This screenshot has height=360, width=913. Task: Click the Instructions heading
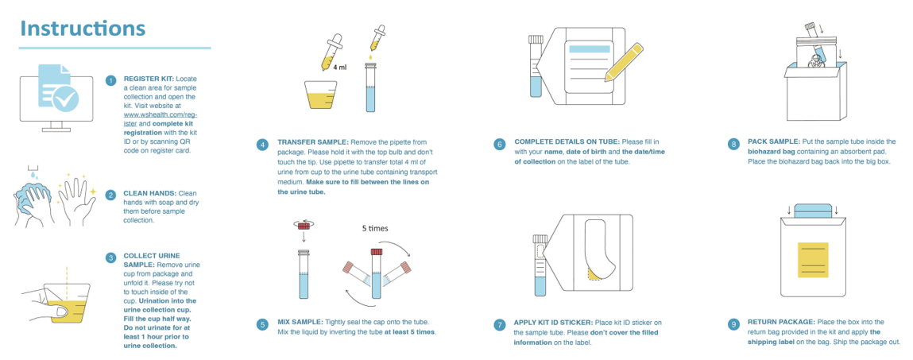click(82, 28)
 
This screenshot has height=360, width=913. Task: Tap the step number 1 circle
click(110, 81)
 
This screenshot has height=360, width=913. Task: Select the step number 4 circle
click(264, 144)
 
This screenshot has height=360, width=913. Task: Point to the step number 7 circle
click(499, 325)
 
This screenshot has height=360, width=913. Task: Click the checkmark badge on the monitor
click(66, 100)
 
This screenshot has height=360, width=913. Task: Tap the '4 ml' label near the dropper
click(340, 67)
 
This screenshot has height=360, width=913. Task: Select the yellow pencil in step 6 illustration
click(624, 62)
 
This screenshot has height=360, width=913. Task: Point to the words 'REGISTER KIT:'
click(149, 79)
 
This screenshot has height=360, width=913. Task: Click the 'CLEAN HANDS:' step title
click(149, 193)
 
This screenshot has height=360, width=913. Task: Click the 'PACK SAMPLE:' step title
click(773, 141)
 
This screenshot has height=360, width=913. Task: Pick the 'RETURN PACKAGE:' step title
click(781, 322)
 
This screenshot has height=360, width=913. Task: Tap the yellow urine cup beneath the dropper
click(320, 95)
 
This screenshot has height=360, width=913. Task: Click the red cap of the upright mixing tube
click(376, 252)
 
